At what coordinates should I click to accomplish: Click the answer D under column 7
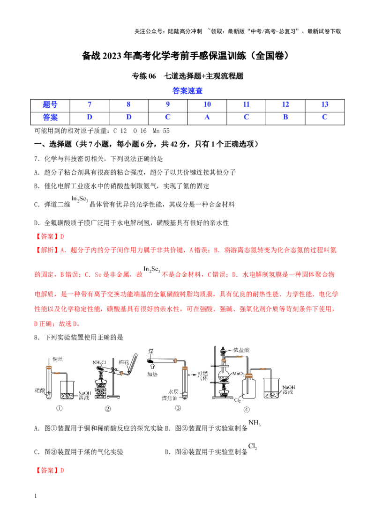[90, 118]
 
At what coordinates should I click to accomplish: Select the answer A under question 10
[207, 118]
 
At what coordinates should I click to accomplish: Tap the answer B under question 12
[285, 118]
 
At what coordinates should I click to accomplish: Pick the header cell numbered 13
[325, 104]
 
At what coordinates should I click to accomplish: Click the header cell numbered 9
[168, 104]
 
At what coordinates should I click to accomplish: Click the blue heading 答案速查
[187, 90]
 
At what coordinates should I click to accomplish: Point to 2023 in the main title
[112, 56]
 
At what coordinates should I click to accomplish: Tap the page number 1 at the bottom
[36, 496]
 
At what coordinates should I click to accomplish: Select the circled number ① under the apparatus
[59, 408]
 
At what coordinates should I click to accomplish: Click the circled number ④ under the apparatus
[247, 410]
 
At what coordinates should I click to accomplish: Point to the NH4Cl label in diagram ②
[99, 362]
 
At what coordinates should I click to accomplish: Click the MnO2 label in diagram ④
[239, 374]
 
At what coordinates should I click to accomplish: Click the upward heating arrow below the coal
[152, 367]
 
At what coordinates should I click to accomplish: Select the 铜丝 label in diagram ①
[58, 359]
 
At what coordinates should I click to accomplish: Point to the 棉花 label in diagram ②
[124, 362]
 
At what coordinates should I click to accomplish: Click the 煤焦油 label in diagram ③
[170, 398]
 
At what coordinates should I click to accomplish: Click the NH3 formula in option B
[255, 423]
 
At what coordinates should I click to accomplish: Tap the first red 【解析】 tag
[47, 250]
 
